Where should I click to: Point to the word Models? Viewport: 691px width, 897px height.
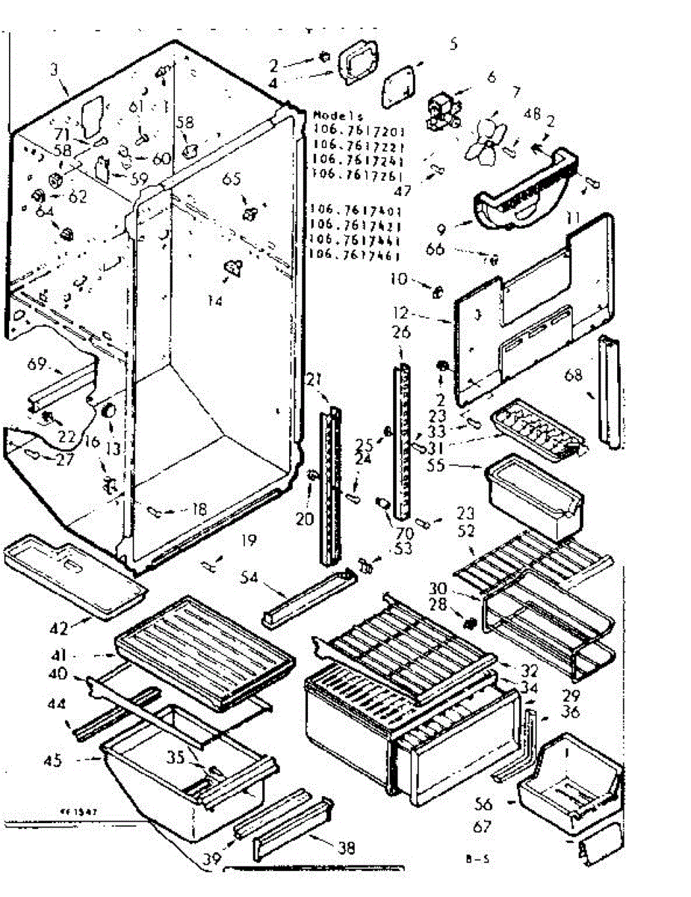pyautogui.click(x=338, y=117)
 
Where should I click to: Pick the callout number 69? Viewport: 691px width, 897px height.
pyautogui.click(x=37, y=366)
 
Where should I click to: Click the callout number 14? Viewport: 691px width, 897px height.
pyautogui.click(x=216, y=303)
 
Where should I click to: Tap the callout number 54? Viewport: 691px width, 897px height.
pyautogui.click(x=250, y=578)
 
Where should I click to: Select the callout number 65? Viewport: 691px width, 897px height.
pyautogui.click(x=232, y=179)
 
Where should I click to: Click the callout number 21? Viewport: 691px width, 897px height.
pyautogui.click(x=313, y=380)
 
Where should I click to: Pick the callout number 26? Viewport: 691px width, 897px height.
pyautogui.click(x=402, y=332)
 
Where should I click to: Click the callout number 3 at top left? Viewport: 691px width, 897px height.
pyautogui.click(x=54, y=70)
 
